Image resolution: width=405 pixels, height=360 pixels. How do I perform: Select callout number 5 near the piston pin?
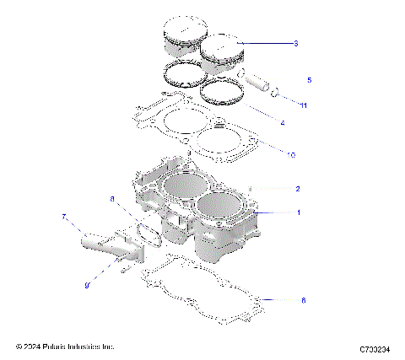pos(309,81)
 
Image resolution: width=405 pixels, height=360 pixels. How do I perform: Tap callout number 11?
pos(303,104)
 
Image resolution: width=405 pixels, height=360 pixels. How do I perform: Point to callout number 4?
pos(282,123)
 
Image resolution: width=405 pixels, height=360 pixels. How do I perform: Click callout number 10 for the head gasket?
pos(292,155)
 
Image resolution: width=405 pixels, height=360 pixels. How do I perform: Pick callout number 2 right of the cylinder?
pos(298,189)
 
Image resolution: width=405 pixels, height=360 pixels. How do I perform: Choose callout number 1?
pos(298,212)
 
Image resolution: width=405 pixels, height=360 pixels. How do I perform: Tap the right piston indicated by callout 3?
pos(222,52)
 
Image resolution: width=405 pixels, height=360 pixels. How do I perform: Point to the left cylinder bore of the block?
pos(183,185)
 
